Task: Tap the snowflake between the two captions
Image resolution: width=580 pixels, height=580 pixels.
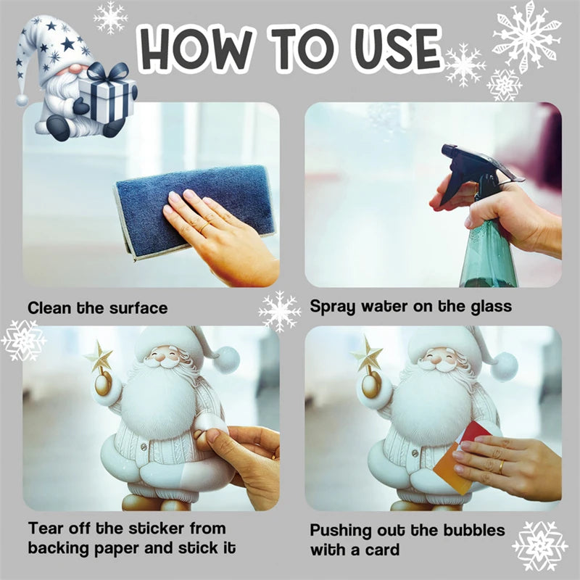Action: click(x=280, y=312)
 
